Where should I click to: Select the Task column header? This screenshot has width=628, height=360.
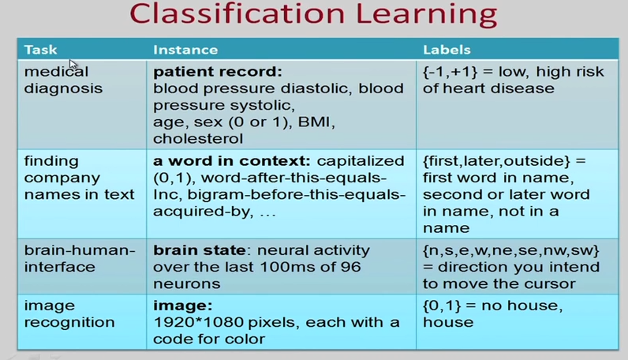point(40,50)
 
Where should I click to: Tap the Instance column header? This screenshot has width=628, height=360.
point(185,50)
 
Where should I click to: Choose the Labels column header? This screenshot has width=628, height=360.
point(447,50)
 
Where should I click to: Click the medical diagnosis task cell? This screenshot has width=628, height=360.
point(62,80)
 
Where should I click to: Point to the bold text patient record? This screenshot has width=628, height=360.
point(217,72)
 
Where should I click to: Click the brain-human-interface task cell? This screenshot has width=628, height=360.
point(80,259)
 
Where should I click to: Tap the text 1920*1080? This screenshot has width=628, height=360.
point(190,322)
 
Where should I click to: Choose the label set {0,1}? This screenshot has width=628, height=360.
point(440,306)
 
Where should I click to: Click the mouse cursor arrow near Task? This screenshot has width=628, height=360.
point(73,64)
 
